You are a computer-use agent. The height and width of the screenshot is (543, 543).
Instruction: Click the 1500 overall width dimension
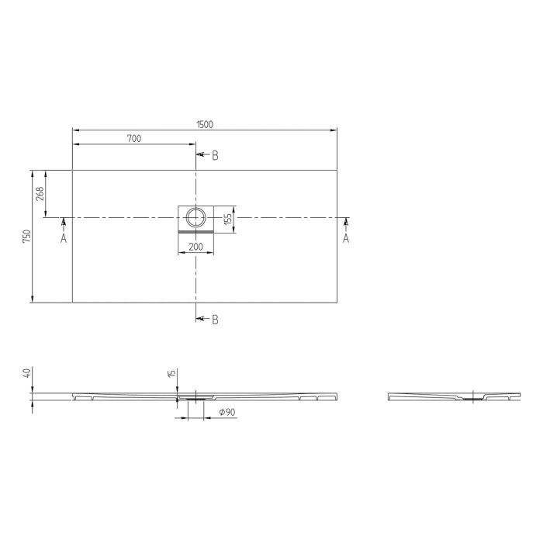(205, 124)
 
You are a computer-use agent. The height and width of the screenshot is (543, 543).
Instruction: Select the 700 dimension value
(133, 139)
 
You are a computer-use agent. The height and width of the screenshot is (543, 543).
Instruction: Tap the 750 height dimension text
(26, 236)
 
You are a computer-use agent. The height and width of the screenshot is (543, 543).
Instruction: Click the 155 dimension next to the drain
(228, 219)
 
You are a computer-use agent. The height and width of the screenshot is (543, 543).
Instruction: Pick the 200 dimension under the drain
(195, 247)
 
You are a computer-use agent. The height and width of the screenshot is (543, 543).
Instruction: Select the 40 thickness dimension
(27, 373)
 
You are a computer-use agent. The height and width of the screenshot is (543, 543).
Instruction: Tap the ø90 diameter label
(227, 412)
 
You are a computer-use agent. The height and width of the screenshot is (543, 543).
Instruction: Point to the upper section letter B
(215, 155)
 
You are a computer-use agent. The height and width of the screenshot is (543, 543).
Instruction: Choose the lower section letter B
(215, 319)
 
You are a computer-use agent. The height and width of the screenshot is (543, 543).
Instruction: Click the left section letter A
(64, 239)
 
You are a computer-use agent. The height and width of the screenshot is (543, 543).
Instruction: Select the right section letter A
(346, 239)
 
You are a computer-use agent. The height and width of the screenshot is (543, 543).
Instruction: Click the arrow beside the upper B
(202, 155)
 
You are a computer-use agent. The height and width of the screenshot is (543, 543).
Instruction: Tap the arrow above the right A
(346, 224)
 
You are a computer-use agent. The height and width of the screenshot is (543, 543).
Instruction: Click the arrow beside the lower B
(202, 319)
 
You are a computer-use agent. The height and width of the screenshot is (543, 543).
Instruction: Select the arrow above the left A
(64, 224)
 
